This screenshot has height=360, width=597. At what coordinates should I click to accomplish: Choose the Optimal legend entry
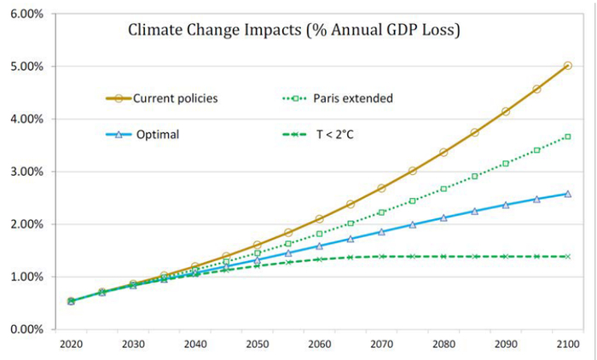(x=155, y=135)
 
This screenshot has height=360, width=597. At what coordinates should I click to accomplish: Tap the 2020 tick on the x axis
(x=71, y=347)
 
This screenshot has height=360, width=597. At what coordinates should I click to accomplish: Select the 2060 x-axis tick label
(x=319, y=347)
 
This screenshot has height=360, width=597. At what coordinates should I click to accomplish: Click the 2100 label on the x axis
(x=568, y=347)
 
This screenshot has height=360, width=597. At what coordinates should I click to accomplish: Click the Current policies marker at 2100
(x=568, y=66)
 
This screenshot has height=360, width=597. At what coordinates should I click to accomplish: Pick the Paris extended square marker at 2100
(x=568, y=136)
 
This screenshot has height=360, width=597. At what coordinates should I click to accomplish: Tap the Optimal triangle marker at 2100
(x=568, y=194)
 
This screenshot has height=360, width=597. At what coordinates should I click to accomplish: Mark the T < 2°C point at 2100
(x=568, y=257)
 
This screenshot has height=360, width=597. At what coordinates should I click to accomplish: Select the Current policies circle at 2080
(x=443, y=152)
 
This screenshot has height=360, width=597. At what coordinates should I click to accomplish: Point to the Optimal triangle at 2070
(x=381, y=231)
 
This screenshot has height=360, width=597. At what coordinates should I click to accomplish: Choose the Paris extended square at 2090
(x=506, y=163)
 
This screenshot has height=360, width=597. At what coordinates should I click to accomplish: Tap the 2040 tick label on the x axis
(x=195, y=347)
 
